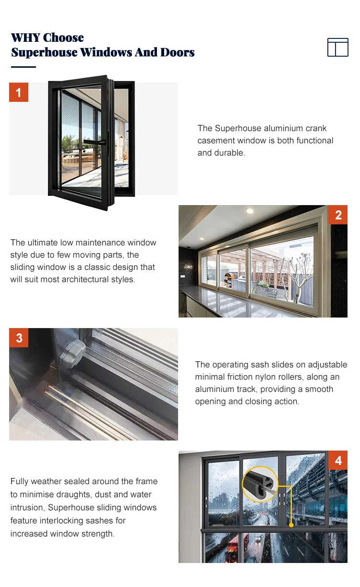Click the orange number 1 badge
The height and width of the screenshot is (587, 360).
(x=19, y=92)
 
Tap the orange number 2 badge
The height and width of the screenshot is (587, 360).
(x=338, y=215)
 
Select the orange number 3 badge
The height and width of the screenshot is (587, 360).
(x=19, y=338)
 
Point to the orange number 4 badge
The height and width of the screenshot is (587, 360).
(x=338, y=460)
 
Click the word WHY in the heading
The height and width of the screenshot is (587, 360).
(x=25, y=37)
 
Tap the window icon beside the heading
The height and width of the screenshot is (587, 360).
(x=337, y=47)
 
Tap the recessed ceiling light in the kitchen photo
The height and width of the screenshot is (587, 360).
(x=249, y=211)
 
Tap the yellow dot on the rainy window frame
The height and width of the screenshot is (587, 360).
(x=291, y=525)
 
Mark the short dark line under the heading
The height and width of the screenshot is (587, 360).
(x=23, y=67)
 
